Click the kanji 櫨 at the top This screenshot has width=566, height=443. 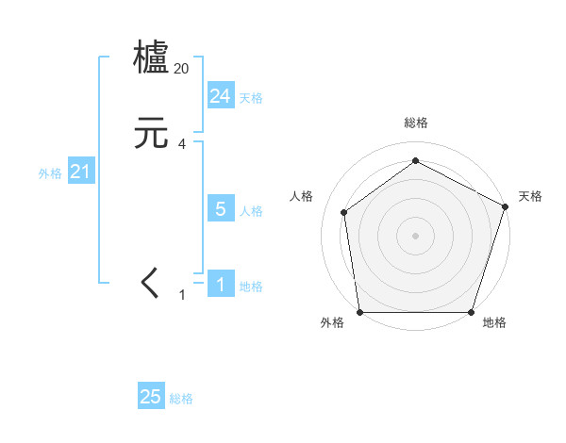(151, 57)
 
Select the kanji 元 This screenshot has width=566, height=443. (151, 135)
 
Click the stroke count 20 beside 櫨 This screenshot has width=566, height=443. (182, 69)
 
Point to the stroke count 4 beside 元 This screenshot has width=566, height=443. (182, 144)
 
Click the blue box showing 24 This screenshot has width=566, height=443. (220, 96)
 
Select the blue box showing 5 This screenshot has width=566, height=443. (220, 209)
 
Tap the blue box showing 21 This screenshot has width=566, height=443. (81, 172)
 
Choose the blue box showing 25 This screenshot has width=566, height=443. (151, 397)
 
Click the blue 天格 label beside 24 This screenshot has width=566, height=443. (251, 98)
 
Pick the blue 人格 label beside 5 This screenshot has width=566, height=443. (251, 211)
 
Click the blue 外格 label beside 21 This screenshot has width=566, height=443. (50, 173)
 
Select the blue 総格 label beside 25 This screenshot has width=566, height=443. (181, 399)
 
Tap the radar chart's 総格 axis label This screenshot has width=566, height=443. (415, 123)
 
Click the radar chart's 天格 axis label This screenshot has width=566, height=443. (530, 196)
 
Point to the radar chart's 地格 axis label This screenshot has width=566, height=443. (494, 323)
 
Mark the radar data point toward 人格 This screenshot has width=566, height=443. (344, 212)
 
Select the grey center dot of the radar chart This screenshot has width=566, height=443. (415, 235)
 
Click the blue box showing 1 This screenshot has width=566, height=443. (220, 285)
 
